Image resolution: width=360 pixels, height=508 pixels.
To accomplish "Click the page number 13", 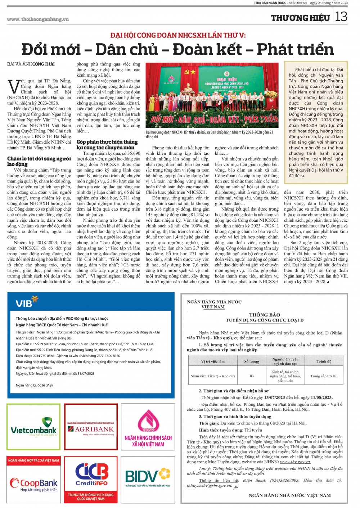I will (x=341, y=17).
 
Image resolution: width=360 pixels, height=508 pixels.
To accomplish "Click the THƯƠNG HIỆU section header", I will (x=300, y=18).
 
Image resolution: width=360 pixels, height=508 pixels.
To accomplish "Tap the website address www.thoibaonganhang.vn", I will (x=38, y=19).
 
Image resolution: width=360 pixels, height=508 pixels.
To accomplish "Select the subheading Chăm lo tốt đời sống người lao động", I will (x=39, y=161).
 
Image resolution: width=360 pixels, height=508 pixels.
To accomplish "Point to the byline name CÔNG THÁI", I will (x=44, y=64).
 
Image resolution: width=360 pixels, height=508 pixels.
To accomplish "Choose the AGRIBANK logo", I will (x=91, y=429).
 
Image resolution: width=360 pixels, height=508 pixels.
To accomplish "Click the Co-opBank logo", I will (x=33, y=484).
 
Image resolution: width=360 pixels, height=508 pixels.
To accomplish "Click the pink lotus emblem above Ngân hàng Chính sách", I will (x=148, y=421).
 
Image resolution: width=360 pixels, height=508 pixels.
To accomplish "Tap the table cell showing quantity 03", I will (x=252, y=376).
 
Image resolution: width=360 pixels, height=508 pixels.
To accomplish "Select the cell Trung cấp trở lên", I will (x=324, y=376).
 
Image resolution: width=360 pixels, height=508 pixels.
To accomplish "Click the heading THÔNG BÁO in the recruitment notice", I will (x=265, y=315).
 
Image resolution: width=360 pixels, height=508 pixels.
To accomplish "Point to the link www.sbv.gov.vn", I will (x=295, y=462).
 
